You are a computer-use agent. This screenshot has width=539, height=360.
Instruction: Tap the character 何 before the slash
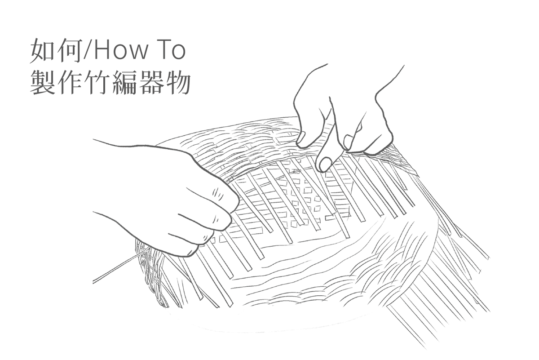(68, 50)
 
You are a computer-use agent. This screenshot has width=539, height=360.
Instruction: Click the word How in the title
(120, 51)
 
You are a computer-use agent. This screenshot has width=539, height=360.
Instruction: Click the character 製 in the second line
(42, 81)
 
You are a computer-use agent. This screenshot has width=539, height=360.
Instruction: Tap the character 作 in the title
(69, 81)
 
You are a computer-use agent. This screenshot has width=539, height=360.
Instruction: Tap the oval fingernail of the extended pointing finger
(325, 164)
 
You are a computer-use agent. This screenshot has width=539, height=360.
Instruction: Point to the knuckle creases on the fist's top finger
(217, 194)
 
